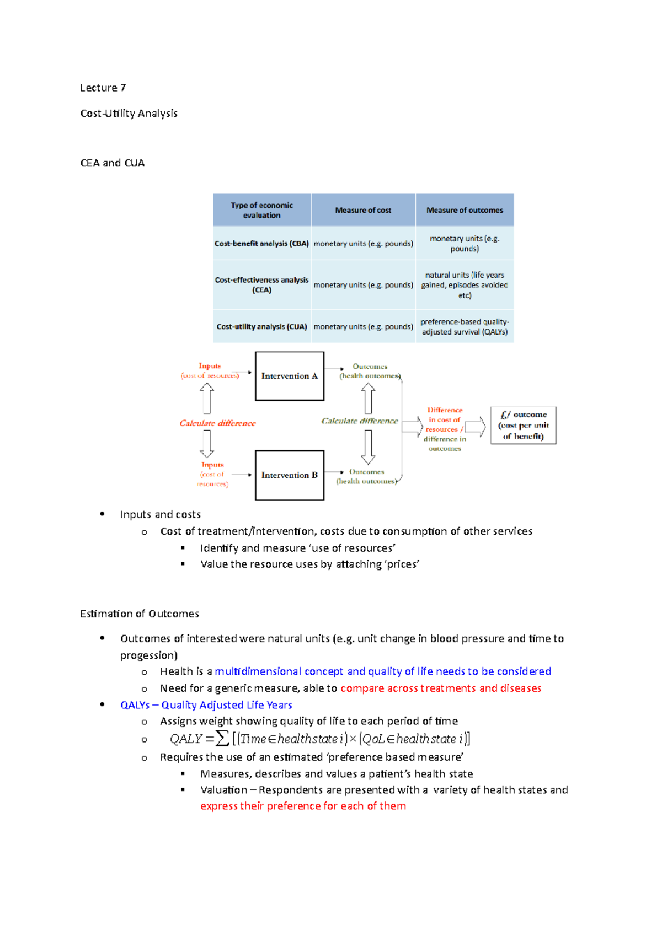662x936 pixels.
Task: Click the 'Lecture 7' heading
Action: (103, 88)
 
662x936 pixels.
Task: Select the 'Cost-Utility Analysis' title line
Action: (129, 113)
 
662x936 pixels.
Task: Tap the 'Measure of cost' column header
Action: (363, 210)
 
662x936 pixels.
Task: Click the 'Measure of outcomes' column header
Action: (465, 210)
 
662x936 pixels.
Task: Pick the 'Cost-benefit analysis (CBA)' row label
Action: (261, 243)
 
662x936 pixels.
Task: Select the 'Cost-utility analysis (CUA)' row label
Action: (261, 326)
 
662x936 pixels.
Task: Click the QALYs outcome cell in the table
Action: (465, 326)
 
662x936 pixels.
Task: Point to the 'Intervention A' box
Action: (290, 376)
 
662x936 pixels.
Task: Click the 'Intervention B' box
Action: (290, 475)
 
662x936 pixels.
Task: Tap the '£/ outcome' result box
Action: (523, 425)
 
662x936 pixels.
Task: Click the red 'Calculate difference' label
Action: (217, 423)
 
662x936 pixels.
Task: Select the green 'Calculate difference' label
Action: (360, 421)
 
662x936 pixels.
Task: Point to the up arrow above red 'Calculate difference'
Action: (207, 397)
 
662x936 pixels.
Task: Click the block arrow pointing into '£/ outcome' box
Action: (475, 427)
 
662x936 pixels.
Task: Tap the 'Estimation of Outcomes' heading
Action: (140, 614)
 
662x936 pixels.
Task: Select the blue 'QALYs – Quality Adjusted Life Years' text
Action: (206, 705)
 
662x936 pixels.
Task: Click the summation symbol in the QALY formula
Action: (222, 738)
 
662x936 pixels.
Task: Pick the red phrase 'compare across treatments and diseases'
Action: (441, 688)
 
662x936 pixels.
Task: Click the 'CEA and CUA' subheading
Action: (113, 163)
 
